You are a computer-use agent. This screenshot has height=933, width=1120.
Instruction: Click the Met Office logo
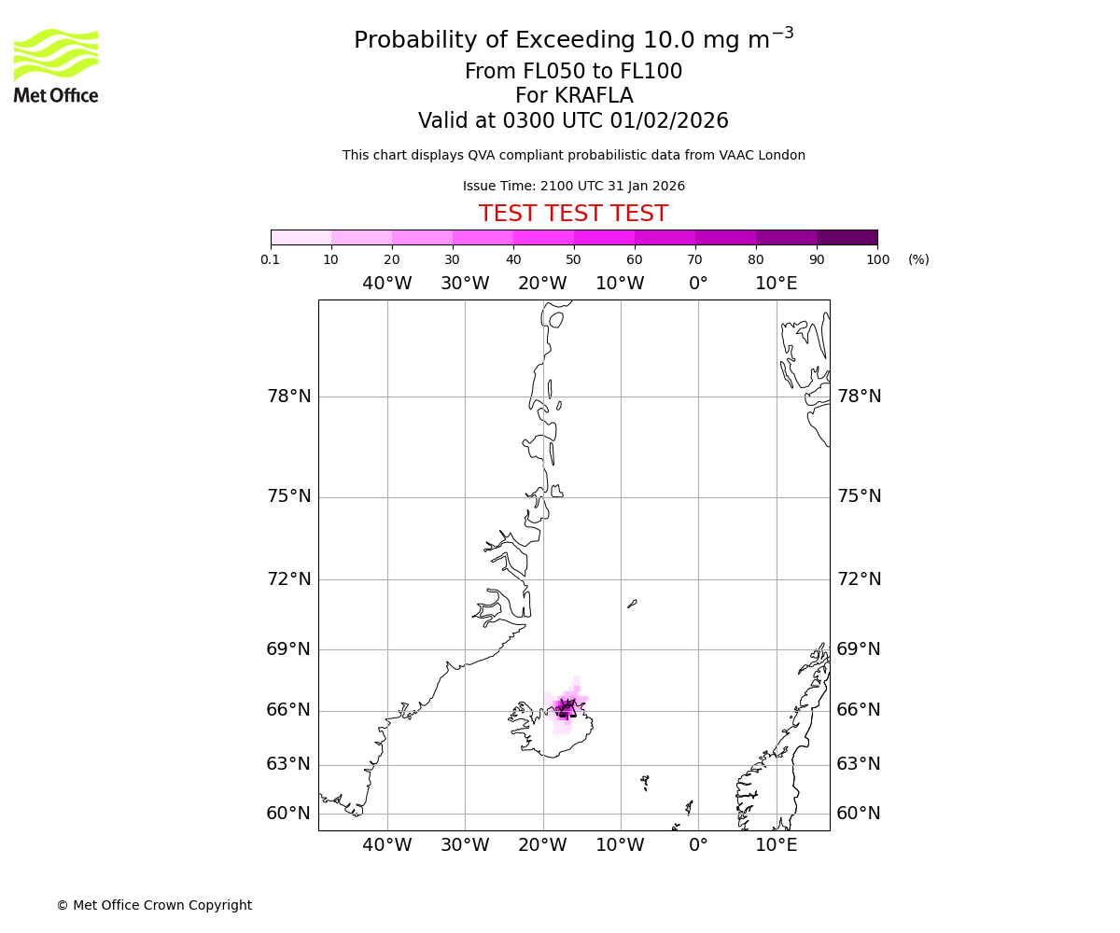click(56, 65)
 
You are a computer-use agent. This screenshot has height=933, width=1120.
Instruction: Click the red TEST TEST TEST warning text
click(573, 214)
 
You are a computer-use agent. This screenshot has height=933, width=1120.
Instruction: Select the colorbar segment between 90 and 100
click(847, 237)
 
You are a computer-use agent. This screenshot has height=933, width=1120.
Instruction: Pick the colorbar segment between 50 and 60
click(604, 237)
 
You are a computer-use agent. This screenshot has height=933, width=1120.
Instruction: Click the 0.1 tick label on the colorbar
click(271, 259)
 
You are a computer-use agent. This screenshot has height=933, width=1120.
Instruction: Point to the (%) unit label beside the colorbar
click(918, 259)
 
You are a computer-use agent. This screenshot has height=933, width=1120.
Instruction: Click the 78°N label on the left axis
click(289, 397)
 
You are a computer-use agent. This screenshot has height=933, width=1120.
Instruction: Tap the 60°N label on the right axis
click(859, 814)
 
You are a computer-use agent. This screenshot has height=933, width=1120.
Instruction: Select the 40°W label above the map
click(386, 284)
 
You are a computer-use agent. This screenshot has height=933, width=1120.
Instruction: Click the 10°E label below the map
click(776, 845)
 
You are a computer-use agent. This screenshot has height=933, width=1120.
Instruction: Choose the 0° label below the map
click(698, 845)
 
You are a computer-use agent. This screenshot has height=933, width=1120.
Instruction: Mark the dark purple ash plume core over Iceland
click(566, 708)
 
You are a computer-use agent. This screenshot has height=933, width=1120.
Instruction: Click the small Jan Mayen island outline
click(632, 604)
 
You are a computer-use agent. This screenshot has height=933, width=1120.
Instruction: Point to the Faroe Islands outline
click(645, 782)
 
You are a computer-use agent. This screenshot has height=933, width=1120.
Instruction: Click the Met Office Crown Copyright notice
click(154, 905)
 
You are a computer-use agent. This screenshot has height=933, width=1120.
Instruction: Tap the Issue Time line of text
click(573, 187)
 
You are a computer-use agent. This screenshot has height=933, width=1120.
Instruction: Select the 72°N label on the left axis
click(289, 579)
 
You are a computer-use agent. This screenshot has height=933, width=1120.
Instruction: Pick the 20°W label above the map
click(542, 284)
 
